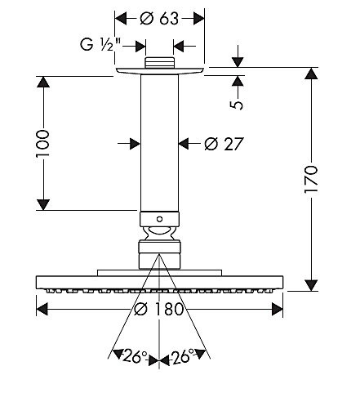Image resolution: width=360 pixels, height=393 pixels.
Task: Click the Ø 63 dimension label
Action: click(x=159, y=19)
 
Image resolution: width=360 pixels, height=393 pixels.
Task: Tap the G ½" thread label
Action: click(x=100, y=44)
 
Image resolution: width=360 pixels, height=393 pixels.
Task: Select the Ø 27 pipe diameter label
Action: click(x=224, y=144)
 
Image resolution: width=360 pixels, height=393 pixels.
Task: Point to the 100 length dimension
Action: click(x=42, y=143)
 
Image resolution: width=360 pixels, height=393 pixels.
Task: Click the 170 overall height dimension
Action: click(x=311, y=179)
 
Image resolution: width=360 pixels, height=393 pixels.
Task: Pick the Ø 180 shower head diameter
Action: click(x=159, y=309)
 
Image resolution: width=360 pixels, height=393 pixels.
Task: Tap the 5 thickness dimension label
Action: click(x=238, y=105)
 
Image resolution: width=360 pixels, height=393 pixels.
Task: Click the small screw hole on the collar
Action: click(x=159, y=219)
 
